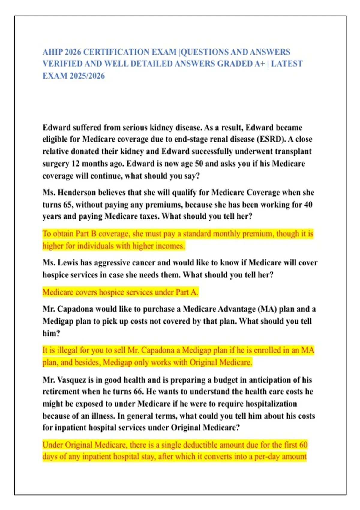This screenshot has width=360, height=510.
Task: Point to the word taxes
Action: (148, 216)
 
